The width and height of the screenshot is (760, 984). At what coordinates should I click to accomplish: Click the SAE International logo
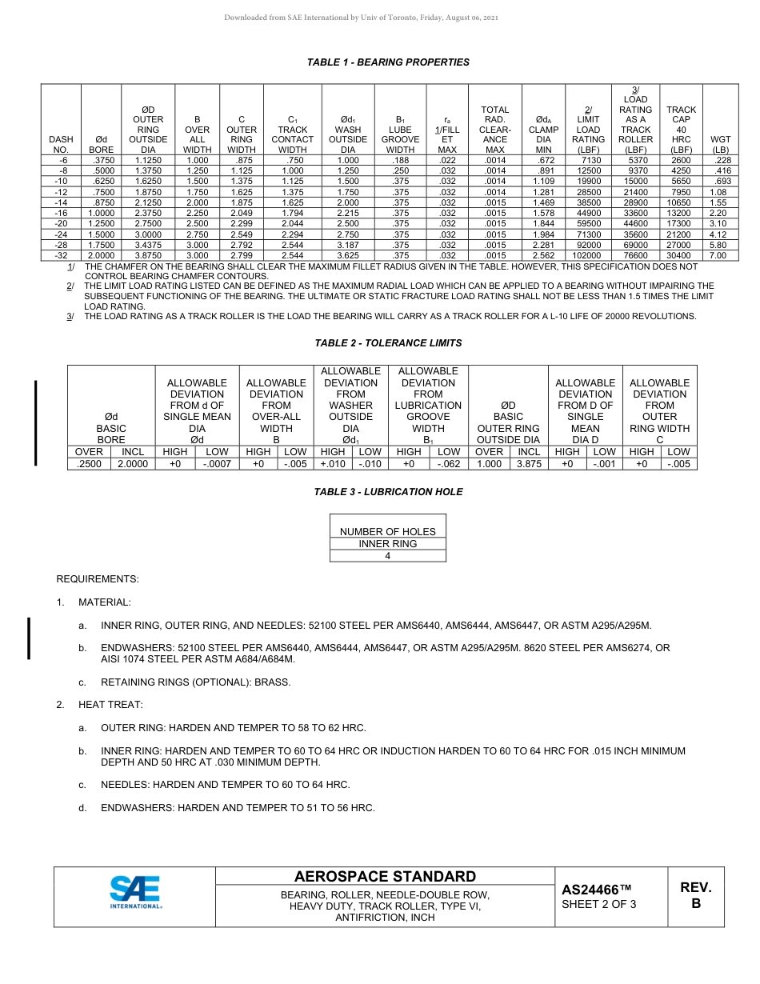135,893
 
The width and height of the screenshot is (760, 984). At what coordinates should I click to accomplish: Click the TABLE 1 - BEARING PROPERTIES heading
388,62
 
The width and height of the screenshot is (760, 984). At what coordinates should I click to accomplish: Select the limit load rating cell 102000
588,255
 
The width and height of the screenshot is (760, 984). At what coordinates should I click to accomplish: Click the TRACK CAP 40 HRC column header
681,124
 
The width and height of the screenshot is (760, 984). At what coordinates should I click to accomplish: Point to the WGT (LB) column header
720,144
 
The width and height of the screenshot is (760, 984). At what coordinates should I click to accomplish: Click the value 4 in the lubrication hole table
388,556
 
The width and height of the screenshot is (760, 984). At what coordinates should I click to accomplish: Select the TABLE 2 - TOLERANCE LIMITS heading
388,343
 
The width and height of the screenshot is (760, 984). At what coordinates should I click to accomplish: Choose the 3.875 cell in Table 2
529,463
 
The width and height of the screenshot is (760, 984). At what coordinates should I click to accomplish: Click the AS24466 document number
596,890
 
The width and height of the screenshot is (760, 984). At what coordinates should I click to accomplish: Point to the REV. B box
695,896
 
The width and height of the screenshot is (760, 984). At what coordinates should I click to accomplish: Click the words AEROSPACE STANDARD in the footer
385,877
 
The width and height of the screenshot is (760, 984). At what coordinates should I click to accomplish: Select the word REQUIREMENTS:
97,578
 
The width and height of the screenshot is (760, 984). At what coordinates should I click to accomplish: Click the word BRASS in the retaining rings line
274,682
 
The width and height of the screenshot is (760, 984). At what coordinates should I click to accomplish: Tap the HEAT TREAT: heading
110,705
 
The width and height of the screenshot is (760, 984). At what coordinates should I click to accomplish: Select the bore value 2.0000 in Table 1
101,255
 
